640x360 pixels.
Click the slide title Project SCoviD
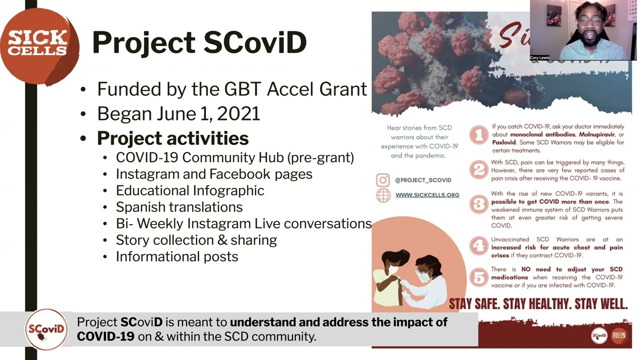pyautogui.click(x=199, y=42)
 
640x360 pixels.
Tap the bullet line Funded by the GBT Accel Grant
pyautogui.click(x=231, y=89)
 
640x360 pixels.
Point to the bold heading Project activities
pyautogui.click(x=172, y=138)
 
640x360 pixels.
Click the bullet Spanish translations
pyautogui.click(x=179, y=207)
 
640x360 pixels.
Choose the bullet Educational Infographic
pyautogui.click(x=190, y=190)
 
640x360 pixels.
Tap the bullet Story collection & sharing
pyautogui.click(x=196, y=240)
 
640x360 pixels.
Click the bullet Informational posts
pyautogui.click(x=177, y=256)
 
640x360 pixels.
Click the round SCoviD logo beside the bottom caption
pyautogui.click(x=46, y=329)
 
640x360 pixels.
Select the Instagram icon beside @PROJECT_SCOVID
pyautogui.click(x=383, y=180)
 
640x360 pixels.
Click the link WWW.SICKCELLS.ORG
pyautogui.click(x=427, y=195)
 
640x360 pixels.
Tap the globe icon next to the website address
pyautogui.click(x=383, y=195)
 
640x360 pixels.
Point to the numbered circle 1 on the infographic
pyautogui.click(x=479, y=135)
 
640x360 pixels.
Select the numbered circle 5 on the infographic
pyautogui.click(x=479, y=276)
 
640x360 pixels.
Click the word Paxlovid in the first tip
pyautogui.click(x=503, y=142)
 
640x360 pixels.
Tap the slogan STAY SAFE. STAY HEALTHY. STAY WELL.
pyautogui.click(x=538, y=303)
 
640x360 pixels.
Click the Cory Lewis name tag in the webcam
pyautogui.click(x=540, y=57)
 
